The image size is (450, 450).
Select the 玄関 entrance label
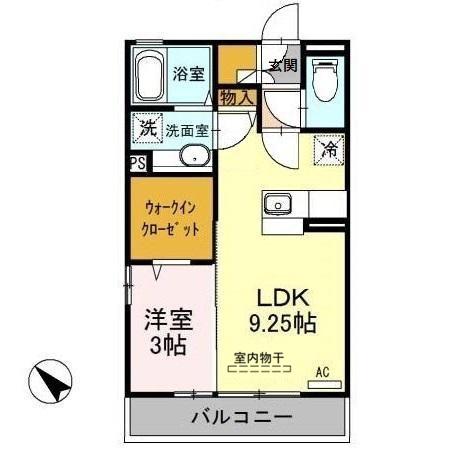[282, 66]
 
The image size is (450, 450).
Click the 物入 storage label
[238, 97]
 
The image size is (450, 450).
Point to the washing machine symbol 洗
[146, 128]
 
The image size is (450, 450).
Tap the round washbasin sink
[193, 156]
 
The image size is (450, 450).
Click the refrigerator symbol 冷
[329, 151]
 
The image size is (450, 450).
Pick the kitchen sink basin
[276, 205]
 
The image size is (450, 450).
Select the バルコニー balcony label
[241, 416]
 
